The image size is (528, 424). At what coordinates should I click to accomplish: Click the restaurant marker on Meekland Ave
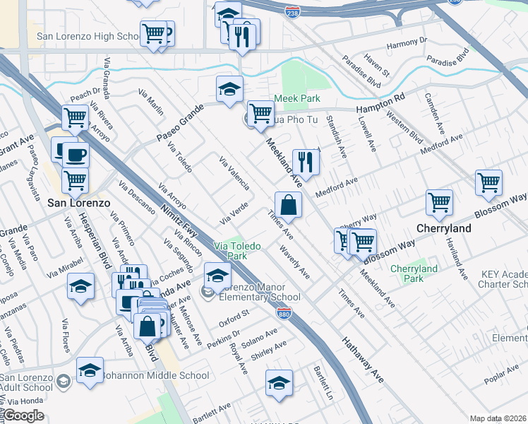click(306, 162)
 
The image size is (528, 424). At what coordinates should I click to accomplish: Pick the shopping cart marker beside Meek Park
click(261, 112)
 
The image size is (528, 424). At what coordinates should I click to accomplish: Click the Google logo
click(23, 416)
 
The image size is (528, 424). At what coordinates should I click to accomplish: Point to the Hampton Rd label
click(380, 102)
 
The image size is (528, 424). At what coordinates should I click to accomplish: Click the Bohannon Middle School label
click(157, 376)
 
